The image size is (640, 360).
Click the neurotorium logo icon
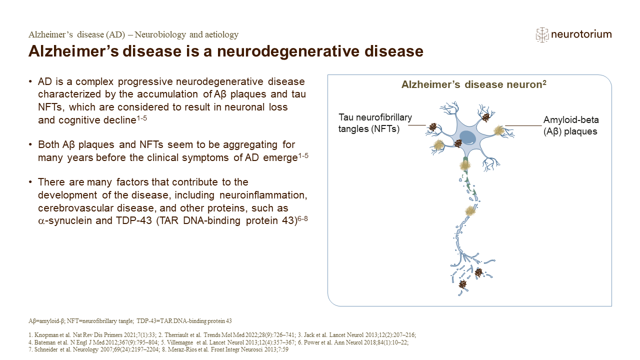542,34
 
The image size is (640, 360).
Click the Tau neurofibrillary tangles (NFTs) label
375,122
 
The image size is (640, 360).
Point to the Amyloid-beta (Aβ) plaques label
571,125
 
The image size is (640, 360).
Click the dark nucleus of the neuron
467,138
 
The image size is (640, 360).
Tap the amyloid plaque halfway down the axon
469,211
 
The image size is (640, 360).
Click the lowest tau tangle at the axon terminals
462,284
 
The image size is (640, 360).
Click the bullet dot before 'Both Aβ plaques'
31,145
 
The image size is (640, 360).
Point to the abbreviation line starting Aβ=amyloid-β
130,320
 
